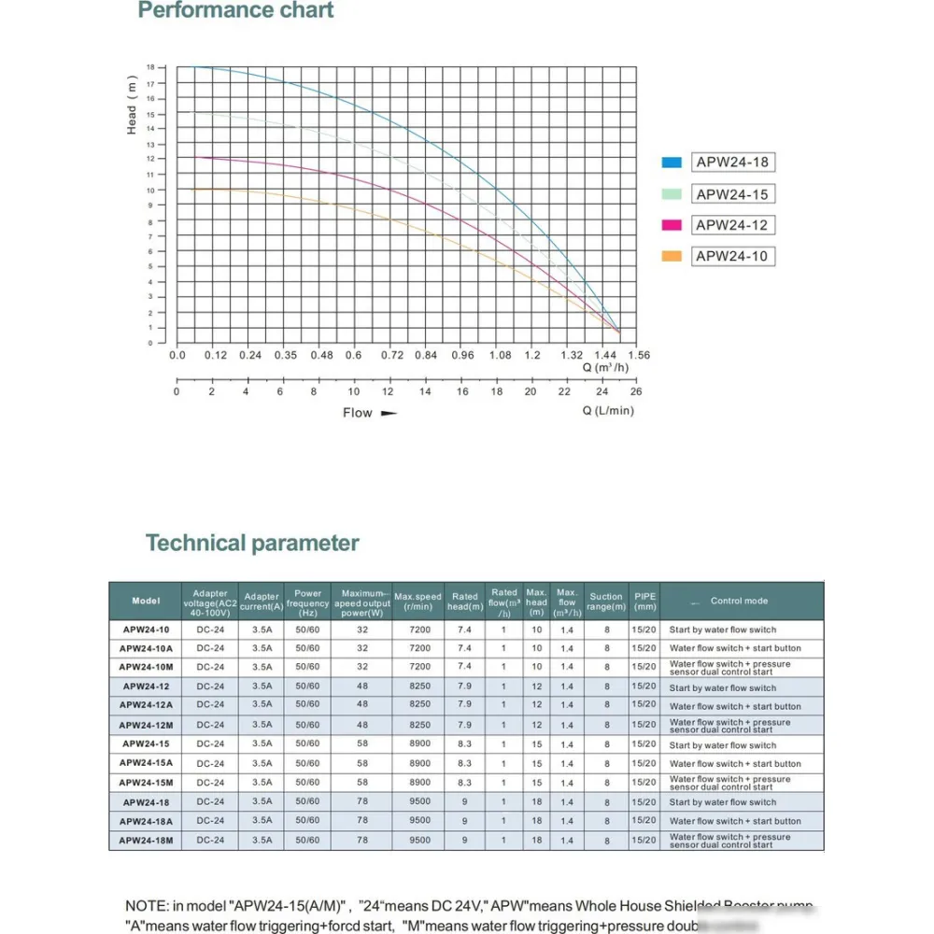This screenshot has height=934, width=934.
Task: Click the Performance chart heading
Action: tap(235, 11)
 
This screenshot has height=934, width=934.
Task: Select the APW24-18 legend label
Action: tap(732, 163)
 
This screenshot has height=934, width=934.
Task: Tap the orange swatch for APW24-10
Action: tap(672, 257)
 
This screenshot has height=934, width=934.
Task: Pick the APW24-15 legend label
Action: tap(732, 194)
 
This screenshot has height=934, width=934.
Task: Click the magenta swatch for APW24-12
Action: tap(672, 225)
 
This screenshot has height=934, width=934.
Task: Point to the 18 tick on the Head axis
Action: tap(150, 68)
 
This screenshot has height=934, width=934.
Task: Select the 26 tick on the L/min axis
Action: tap(636, 392)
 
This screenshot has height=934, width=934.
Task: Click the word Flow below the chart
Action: tap(357, 413)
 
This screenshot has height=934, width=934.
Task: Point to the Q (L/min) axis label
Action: tap(608, 411)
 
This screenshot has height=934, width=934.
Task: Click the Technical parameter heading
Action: tap(252, 544)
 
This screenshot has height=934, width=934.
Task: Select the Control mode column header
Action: tap(739, 601)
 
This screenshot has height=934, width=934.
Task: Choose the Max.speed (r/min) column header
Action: tap(417, 601)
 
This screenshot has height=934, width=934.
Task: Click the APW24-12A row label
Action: tap(146, 706)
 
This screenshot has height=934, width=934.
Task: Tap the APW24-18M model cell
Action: tap(146, 841)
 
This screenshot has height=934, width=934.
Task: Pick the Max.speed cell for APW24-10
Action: tap(420, 630)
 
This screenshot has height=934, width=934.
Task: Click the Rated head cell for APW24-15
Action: tap(464, 745)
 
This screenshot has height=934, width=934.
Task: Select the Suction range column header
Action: tap(606, 601)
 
